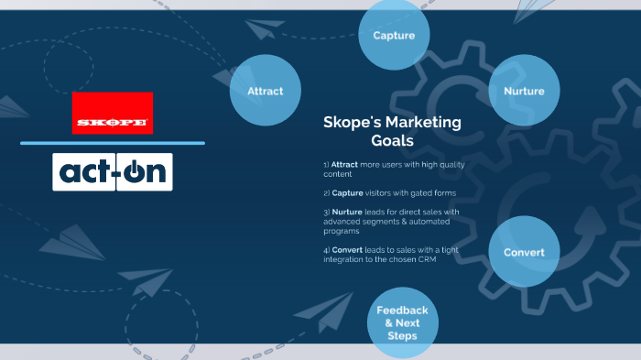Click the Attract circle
click(265, 91)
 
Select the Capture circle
click(394, 36)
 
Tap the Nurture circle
click(524, 91)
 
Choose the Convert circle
click(524, 252)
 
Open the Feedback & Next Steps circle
click(402, 322)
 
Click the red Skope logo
click(113, 114)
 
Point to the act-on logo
click(113, 171)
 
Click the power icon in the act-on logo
click(134, 171)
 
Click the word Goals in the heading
click(392, 141)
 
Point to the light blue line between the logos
click(113, 143)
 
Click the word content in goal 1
click(338, 174)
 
